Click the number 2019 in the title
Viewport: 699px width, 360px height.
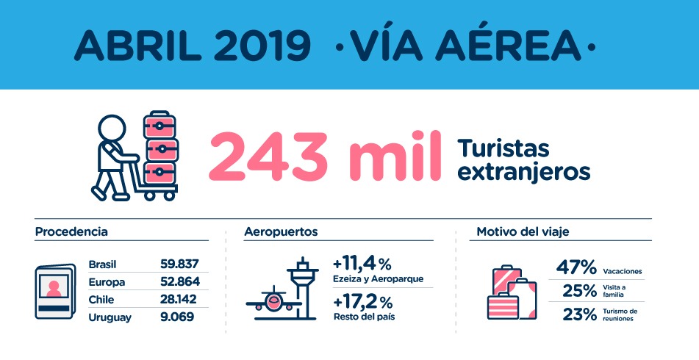(262, 46)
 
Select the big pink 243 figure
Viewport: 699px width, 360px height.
(269, 156)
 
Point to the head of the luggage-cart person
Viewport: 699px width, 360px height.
(112, 129)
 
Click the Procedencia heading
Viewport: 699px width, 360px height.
(71, 232)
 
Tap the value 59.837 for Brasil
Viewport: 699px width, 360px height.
(179, 264)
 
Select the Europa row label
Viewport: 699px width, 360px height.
(107, 282)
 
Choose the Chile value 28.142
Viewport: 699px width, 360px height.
(179, 300)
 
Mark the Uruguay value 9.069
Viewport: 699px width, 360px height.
(177, 317)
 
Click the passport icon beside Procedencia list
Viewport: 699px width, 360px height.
(55, 292)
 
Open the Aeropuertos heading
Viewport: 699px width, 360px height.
(281, 232)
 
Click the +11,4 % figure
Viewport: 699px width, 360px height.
(362, 264)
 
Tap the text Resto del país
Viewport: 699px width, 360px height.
(365, 317)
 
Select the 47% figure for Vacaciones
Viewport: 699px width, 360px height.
(576, 267)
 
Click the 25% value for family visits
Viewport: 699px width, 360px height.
(579, 291)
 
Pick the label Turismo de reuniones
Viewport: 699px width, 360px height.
(620, 315)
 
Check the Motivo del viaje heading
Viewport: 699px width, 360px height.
(523, 232)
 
